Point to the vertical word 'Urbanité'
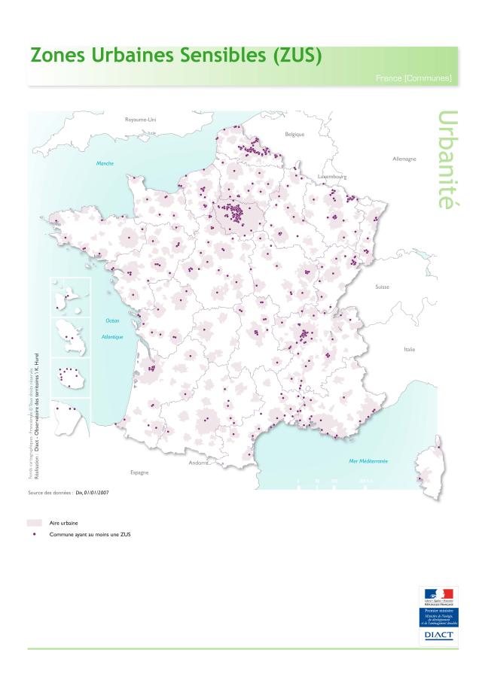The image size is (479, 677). click(x=447, y=160)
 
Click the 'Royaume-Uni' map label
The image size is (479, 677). click(x=140, y=120)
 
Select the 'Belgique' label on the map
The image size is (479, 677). click(x=294, y=134)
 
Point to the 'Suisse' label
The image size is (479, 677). click(x=383, y=287)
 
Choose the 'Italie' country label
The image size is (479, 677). click(x=410, y=349)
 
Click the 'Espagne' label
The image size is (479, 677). click(x=139, y=472)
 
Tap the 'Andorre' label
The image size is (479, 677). click(x=200, y=462)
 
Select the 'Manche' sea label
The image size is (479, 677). click(x=105, y=162)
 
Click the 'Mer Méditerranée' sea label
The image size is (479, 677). click(x=368, y=460)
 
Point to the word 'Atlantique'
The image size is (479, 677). click(x=112, y=337)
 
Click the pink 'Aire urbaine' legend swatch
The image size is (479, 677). click(x=34, y=521)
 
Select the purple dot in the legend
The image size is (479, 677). click(x=34, y=534)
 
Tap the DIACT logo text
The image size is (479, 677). click(x=438, y=635)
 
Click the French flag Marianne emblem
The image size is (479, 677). click(x=438, y=594)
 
